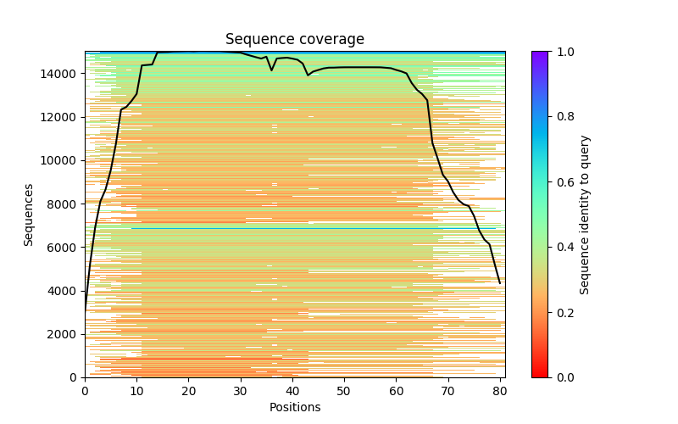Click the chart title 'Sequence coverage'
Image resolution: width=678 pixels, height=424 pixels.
(294, 40)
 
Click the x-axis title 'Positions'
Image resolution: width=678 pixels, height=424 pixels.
(294, 407)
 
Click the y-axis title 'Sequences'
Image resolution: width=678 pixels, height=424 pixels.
(29, 215)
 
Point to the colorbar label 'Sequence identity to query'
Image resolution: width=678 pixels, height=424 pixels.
(585, 215)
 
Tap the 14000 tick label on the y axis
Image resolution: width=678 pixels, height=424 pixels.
(60, 74)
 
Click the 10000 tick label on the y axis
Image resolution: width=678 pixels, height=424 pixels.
(60, 160)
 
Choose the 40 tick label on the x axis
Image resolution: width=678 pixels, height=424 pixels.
(292, 390)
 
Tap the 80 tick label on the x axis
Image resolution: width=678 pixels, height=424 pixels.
(499, 390)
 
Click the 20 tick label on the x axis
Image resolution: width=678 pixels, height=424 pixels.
(188, 390)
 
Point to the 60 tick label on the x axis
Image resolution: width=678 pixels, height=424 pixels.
(396, 390)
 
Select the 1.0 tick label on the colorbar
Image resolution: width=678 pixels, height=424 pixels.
(561, 52)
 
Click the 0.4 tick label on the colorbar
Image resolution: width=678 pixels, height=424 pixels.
(561, 247)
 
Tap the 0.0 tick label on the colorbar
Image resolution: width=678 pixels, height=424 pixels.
(561, 377)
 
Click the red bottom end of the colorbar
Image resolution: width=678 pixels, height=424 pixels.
(540, 374)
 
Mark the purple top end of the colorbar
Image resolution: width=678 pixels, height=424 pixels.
(540, 54)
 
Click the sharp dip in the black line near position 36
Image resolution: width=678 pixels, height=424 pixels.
(271, 70)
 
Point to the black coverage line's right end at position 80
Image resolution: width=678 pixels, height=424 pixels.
(500, 283)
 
